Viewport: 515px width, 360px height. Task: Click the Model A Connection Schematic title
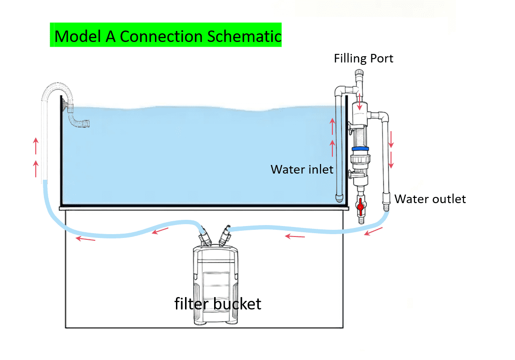pos(165,36)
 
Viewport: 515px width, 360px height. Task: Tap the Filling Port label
pos(363,59)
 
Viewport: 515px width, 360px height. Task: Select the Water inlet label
pos(302,169)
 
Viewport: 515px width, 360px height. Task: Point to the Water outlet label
pos(430,199)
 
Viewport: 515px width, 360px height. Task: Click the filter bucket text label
pos(218,303)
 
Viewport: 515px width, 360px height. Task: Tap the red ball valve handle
pos(360,207)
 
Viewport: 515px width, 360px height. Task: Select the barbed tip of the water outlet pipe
pos(386,207)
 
